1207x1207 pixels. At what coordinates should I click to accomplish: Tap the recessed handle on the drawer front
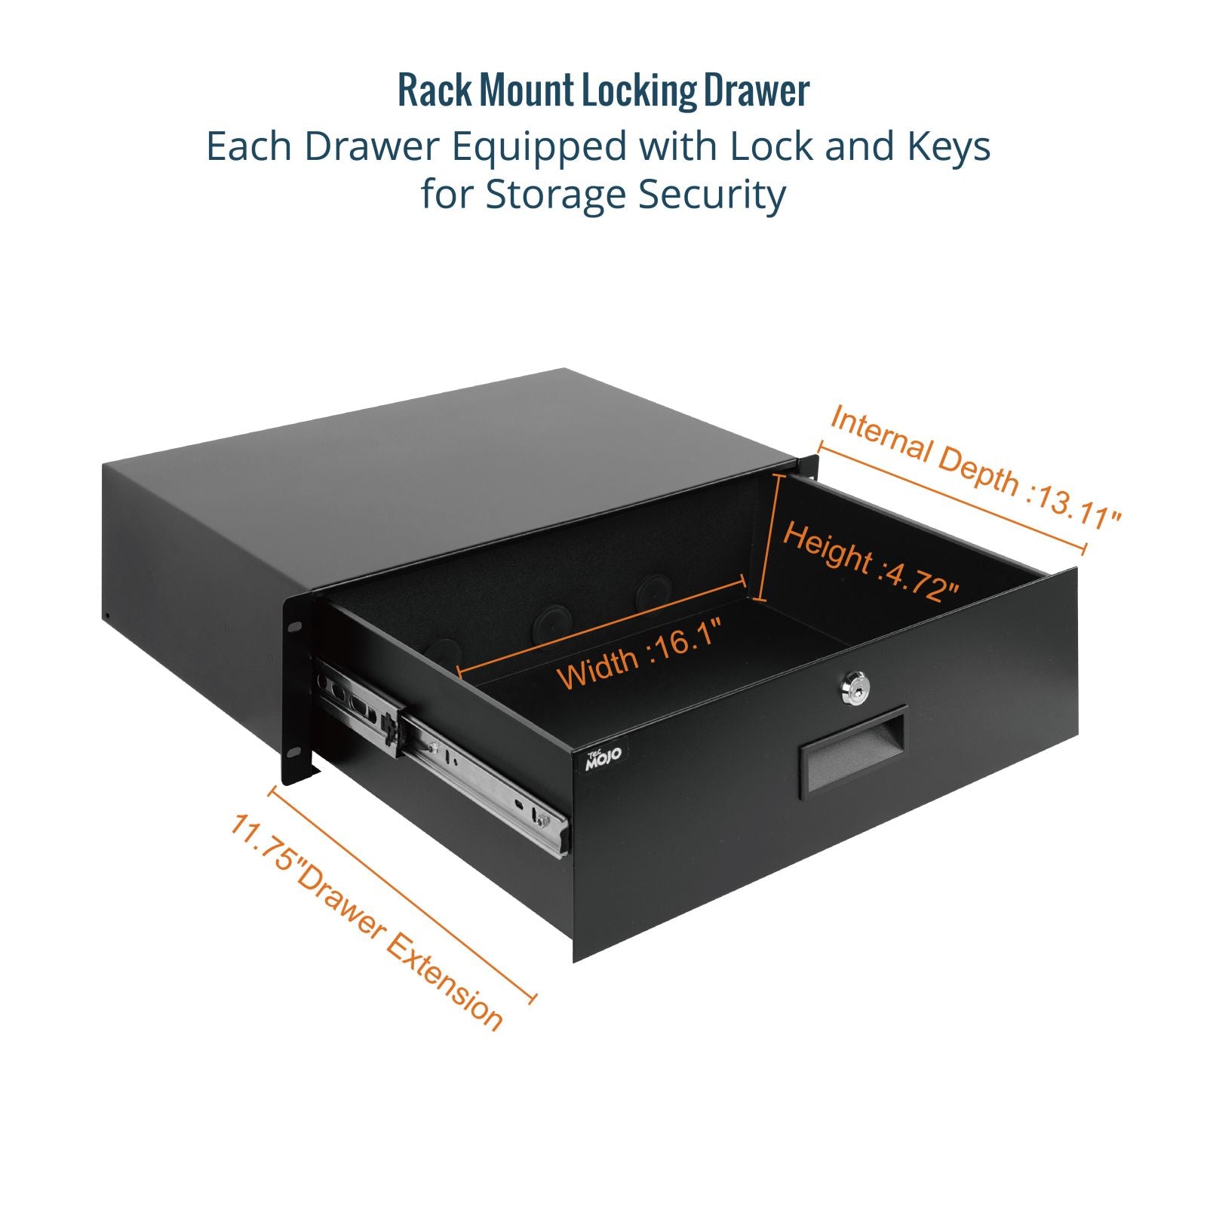click(852, 753)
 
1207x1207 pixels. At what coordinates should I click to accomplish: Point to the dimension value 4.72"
click(923, 580)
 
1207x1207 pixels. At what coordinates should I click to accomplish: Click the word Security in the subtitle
click(712, 195)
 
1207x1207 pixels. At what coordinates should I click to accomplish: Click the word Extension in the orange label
click(445, 978)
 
